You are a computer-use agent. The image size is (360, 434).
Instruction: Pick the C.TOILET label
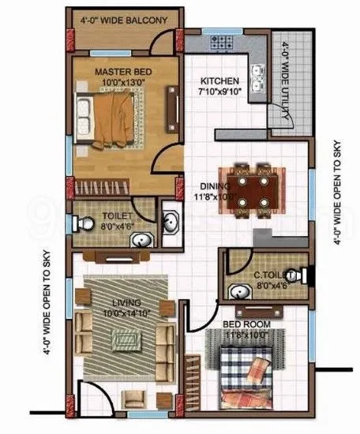coord(271,274)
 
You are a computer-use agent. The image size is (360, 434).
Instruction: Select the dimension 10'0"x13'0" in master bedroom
coord(124,82)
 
